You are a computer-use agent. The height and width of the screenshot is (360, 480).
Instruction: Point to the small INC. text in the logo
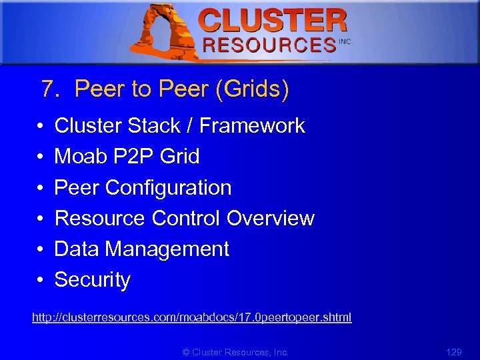345,41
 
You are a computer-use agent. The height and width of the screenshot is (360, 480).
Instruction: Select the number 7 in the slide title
47,89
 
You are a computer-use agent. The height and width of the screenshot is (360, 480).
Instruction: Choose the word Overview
271,218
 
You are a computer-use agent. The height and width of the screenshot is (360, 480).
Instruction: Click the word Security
92,280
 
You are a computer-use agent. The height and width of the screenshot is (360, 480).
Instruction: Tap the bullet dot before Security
41,281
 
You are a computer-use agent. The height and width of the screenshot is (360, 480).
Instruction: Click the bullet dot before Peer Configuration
41,188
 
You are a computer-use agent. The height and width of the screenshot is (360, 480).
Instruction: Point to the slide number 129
454,351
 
